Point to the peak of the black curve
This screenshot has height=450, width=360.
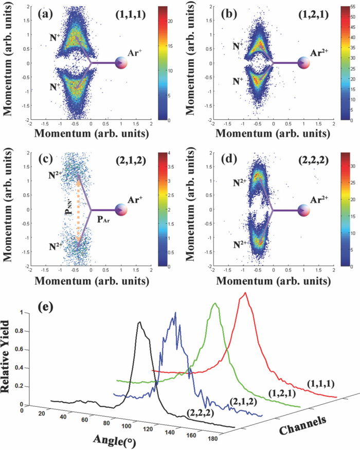[x=139, y=322]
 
